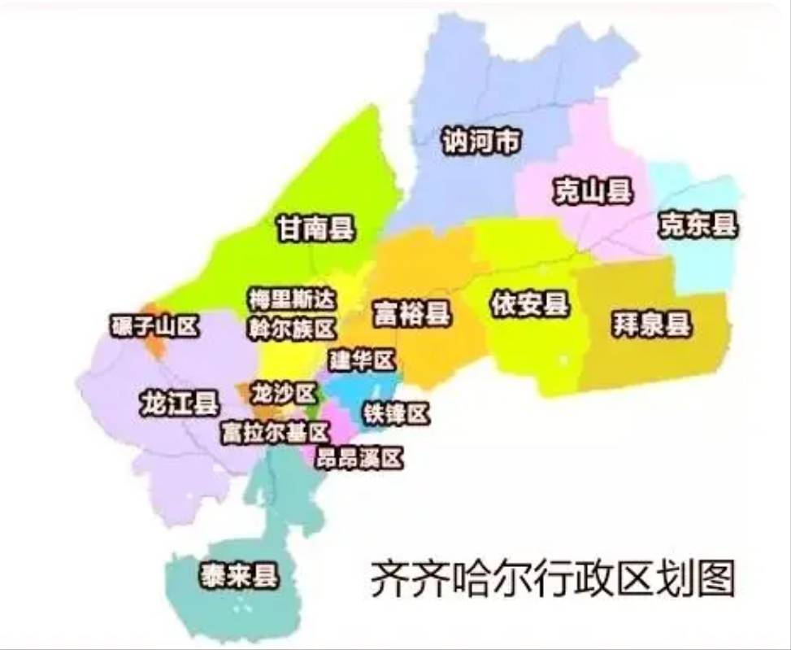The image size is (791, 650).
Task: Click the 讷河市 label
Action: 480,142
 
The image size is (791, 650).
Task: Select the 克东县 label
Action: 698,224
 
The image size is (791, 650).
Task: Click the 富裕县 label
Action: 412,312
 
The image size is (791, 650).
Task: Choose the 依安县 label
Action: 529,305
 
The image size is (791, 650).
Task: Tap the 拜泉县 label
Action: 652,325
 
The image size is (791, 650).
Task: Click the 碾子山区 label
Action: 154,326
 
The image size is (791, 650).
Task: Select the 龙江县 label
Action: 179,403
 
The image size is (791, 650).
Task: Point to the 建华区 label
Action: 362,359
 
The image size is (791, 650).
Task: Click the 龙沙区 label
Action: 283,394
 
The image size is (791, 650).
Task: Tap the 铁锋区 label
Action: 395,413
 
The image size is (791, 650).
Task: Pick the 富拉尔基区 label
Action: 274,432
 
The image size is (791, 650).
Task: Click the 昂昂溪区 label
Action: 360,458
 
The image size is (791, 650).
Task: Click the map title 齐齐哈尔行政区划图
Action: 553,578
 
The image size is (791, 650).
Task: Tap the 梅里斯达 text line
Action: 291,299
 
